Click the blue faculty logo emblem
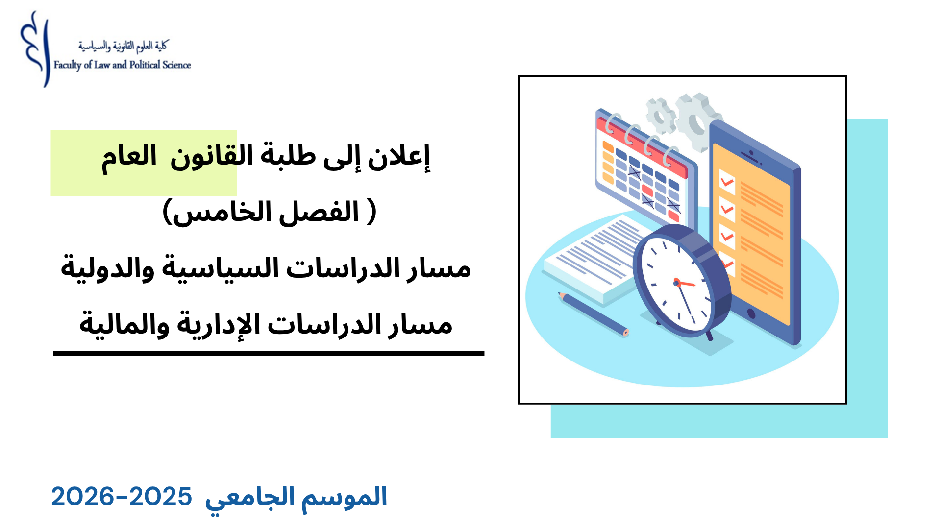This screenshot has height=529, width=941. coord(35,49)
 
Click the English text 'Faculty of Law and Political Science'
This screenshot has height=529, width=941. coord(122,65)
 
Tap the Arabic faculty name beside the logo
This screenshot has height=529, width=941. coord(123,46)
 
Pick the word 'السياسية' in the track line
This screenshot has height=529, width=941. coord(221,268)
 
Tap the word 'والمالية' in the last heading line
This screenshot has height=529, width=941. coord(124,325)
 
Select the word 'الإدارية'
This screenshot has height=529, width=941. coord(218,325)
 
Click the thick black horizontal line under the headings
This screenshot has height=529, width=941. coord(269,353)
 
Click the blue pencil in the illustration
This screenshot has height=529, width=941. coord(593,313)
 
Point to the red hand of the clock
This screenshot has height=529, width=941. coord(685,283)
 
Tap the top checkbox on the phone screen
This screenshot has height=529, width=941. coord(727,182)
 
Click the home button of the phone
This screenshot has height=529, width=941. coord(751,313)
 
